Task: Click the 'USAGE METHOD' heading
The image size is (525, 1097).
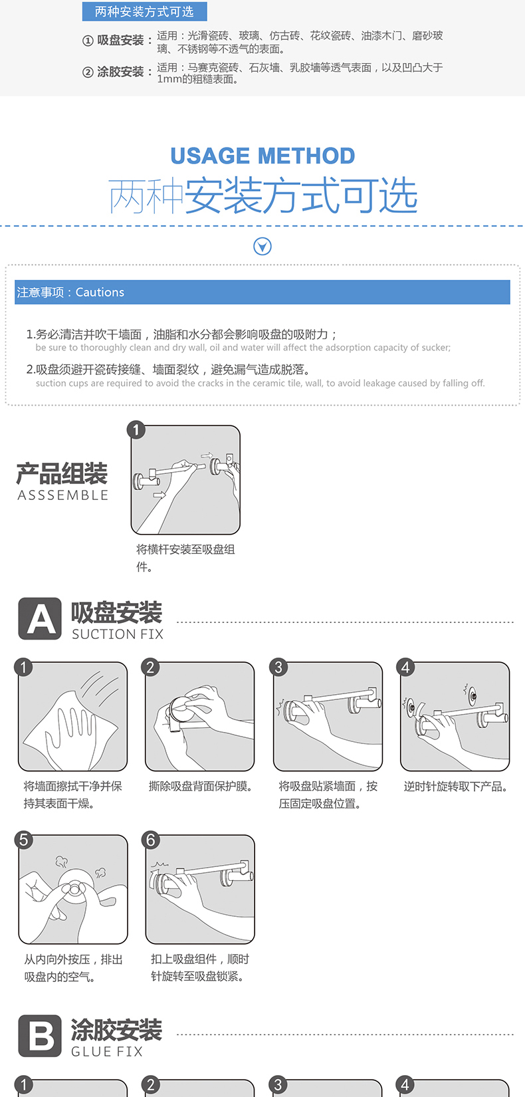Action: pyautogui.click(x=262, y=156)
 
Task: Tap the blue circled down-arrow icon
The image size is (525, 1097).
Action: pyautogui.click(x=262, y=246)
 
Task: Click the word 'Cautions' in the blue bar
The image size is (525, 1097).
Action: pyautogui.click(x=100, y=293)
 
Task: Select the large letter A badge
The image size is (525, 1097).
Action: pyautogui.click(x=40, y=618)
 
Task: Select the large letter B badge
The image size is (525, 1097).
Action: pyautogui.click(x=40, y=1035)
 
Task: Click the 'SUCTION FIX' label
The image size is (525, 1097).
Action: pyautogui.click(x=118, y=634)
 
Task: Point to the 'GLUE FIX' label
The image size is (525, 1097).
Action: pyautogui.click(x=107, y=1051)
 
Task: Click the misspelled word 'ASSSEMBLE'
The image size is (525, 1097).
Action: pyautogui.click(x=62, y=495)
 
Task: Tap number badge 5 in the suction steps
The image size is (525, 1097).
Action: pyautogui.click(x=23, y=840)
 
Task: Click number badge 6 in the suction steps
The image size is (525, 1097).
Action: pyautogui.click(x=150, y=840)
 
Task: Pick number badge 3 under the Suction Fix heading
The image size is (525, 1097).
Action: pyautogui.click(x=278, y=667)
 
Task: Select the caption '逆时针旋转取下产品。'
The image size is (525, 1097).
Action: pyautogui.click(x=455, y=787)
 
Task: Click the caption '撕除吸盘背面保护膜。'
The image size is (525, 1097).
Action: pyautogui.click(x=201, y=787)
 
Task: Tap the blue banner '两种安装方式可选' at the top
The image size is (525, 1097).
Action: pyautogui.click(x=144, y=11)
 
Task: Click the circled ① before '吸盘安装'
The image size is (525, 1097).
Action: pyautogui.click(x=88, y=41)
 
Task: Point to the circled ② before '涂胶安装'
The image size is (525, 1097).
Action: pyautogui.click(x=88, y=72)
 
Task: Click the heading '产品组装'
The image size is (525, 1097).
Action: pyautogui.click(x=62, y=473)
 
